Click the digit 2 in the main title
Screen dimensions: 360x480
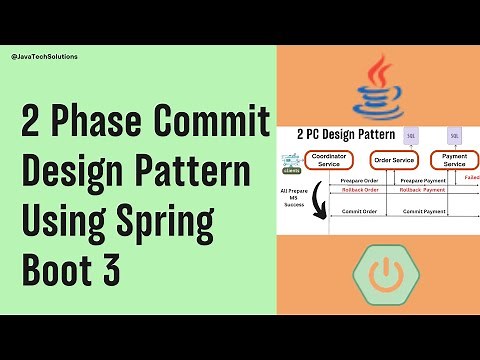click(34, 127)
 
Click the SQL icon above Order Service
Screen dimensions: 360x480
click(410, 134)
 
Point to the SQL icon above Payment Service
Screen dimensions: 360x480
click(453, 134)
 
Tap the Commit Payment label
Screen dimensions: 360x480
click(420, 212)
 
